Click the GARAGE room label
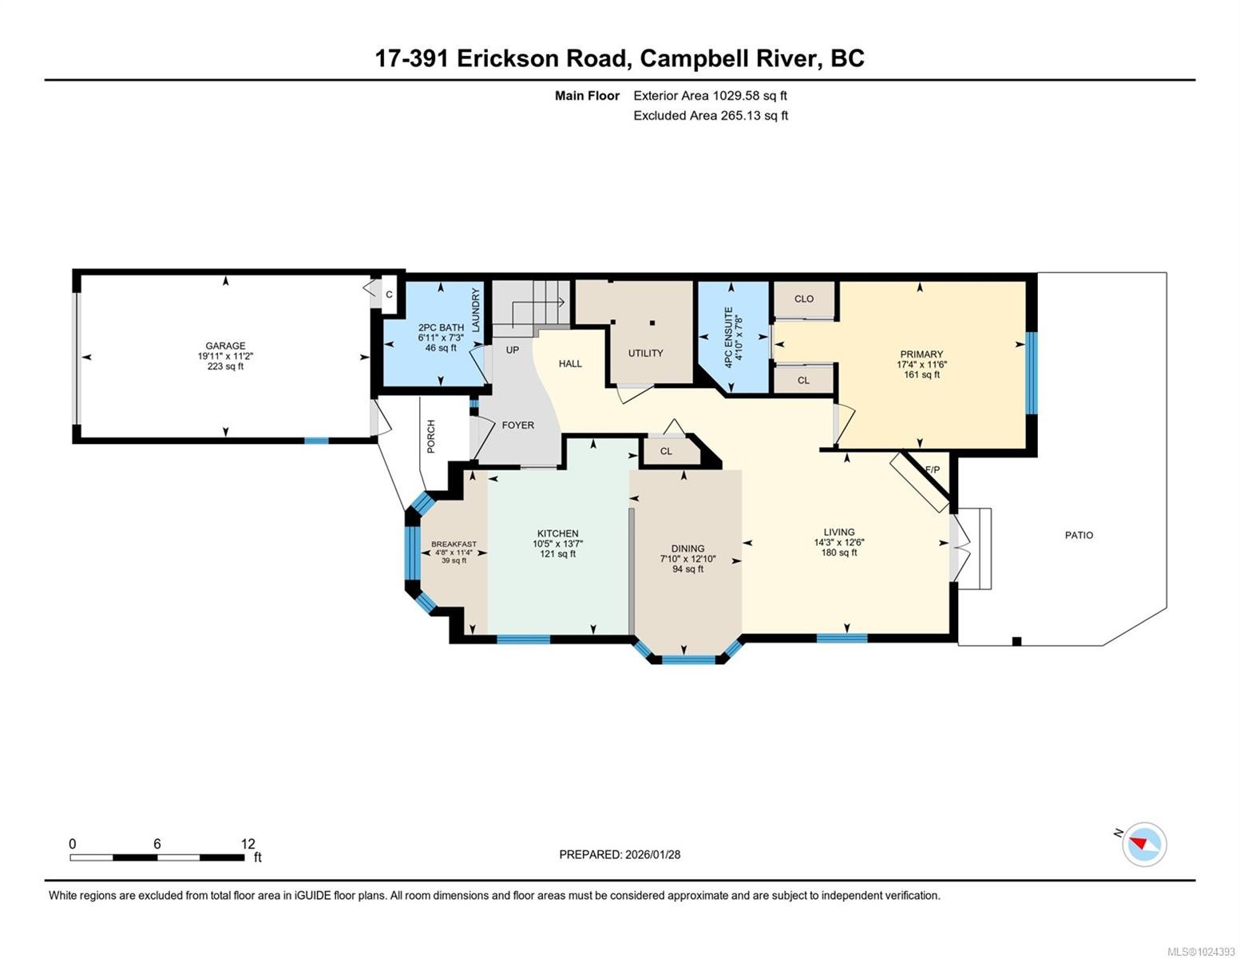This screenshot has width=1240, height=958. pos(225,346)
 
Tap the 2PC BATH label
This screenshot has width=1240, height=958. pos(441,327)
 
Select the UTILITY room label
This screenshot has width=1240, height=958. pos(645,353)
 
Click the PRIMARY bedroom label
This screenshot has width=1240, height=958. pos(921,354)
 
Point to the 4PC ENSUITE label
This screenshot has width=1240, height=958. pos(727,337)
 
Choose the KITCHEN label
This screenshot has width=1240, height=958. pos(557,533)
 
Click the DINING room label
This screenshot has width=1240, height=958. pos(687,548)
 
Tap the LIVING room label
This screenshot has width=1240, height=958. pos(839,532)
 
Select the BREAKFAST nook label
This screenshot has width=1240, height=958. pos(454,544)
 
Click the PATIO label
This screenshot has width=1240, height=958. pos(1079,535)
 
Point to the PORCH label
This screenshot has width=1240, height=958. pos(431,437)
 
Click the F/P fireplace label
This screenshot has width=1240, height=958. pos(932,469)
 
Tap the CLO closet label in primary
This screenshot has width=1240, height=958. pos(804,299)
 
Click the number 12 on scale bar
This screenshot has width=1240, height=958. pos(248,844)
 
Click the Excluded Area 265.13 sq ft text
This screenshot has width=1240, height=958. pos(711,116)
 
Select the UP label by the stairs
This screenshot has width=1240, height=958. pos(512,350)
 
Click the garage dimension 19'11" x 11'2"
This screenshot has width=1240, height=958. pos(225,356)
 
